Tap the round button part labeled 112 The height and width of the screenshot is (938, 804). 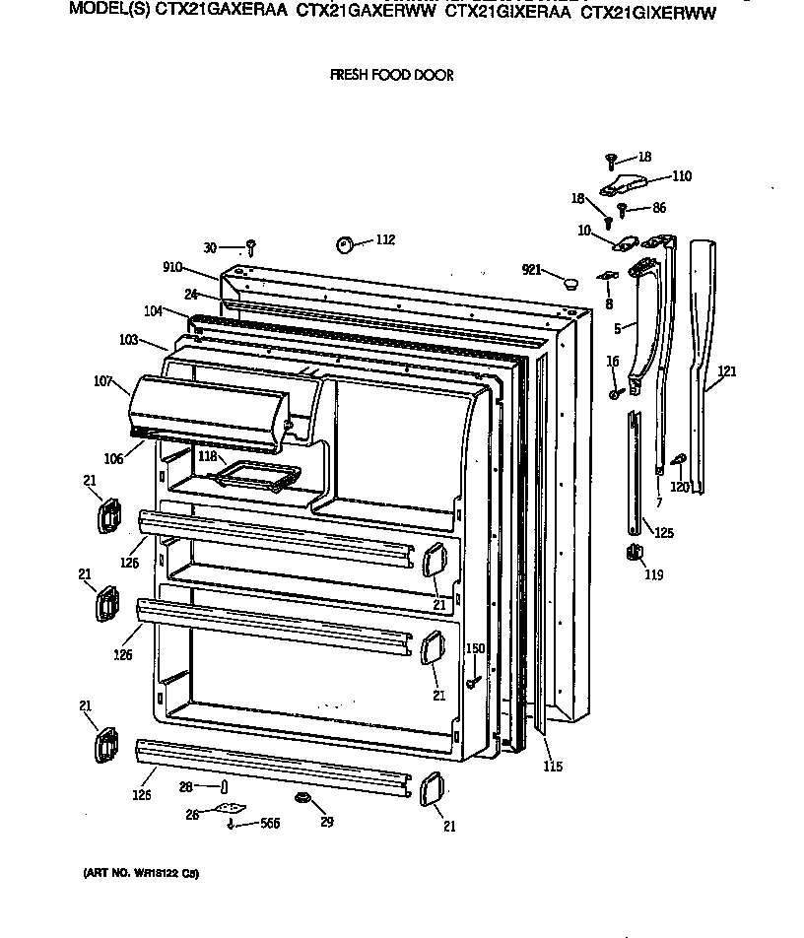point(346,243)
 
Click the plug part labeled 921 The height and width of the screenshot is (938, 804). point(569,283)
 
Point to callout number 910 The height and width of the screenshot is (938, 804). point(172,266)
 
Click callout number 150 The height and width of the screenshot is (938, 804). point(475,648)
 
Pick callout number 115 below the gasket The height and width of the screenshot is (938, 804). point(553,767)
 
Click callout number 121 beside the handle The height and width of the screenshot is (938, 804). point(727,371)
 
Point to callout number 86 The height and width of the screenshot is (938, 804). point(659,208)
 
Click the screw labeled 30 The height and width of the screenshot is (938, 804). point(251,246)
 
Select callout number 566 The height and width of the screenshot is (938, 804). point(269,824)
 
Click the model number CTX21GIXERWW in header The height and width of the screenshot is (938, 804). point(647,14)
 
